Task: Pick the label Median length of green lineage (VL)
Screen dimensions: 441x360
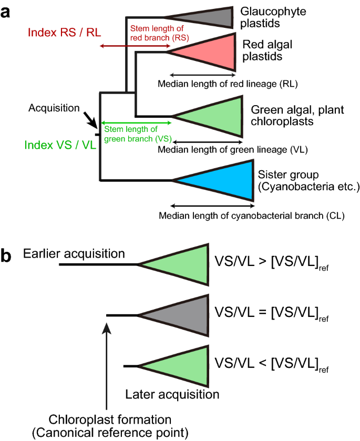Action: click(x=232, y=150)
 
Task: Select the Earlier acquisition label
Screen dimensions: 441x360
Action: click(x=74, y=254)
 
